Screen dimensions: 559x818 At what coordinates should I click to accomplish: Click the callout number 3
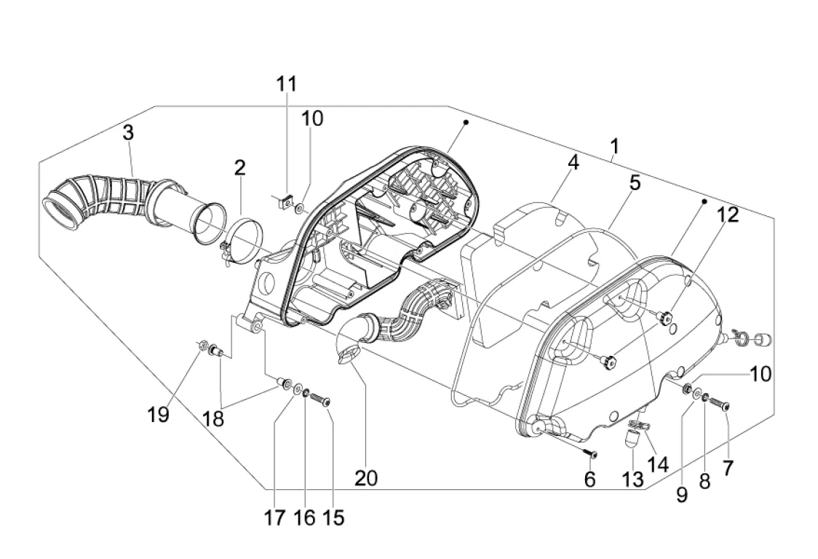128,133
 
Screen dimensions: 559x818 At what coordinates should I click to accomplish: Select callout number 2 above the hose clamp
239,168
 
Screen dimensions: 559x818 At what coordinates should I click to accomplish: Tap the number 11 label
287,84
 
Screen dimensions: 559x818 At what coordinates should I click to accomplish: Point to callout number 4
573,163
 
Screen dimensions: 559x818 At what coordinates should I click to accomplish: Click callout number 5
635,183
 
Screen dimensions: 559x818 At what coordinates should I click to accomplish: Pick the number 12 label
728,215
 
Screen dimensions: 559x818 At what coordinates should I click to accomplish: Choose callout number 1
615,148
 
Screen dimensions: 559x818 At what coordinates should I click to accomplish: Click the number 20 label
366,478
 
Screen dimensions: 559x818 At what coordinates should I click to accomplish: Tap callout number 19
159,415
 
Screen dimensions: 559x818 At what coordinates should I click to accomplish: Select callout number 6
589,479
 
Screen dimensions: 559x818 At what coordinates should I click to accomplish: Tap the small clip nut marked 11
287,200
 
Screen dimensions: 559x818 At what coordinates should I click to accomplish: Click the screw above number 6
590,453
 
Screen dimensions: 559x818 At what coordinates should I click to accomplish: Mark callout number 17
276,518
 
